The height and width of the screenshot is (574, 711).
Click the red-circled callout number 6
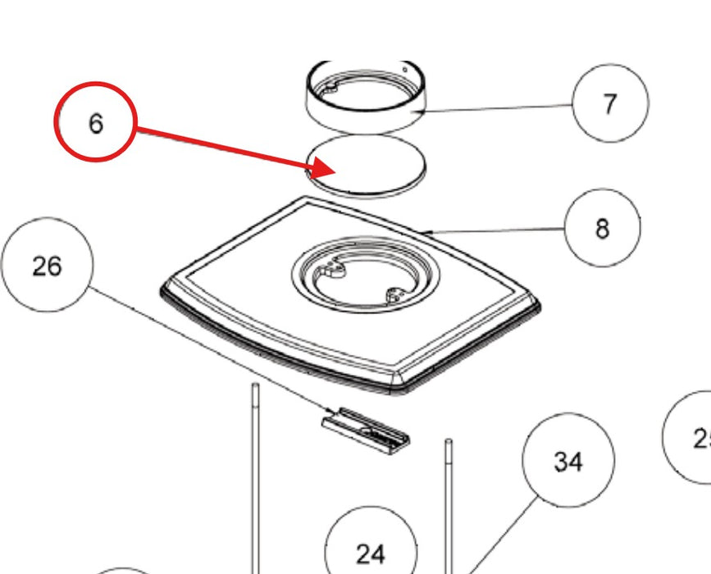click(95, 122)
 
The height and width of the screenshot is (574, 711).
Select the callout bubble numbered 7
click(610, 104)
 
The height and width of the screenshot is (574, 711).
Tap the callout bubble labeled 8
click(603, 227)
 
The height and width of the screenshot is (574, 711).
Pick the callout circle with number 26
click(48, 266)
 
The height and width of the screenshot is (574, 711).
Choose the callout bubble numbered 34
click(567, 461)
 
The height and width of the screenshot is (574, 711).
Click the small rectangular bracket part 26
click(367, 428)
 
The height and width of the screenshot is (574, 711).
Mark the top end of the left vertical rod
click(255, 386)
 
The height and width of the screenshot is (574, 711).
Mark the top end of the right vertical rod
click(448, 443)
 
